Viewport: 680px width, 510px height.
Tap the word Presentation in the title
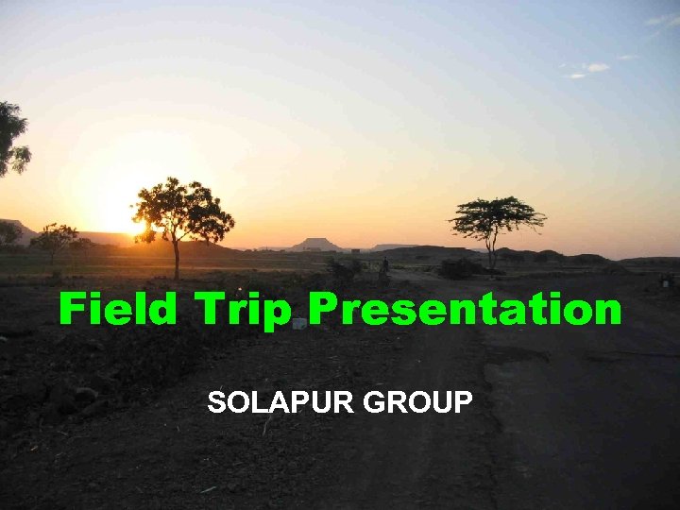tap(465, 309)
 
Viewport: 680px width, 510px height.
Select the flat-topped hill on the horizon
tap(315, 245)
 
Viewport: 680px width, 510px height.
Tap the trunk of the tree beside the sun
tap(177, 259)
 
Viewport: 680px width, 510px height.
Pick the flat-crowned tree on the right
tap(495, 216)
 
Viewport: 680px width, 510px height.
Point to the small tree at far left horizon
tap(54, 239)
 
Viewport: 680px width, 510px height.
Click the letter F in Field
tap(72, 309)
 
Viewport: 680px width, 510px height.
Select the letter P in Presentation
tap(323, 309)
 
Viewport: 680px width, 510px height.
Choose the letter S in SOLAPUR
tap(217, 402)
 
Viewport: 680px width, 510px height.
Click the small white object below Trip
tap(298, 323)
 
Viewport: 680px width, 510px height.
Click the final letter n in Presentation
tap(607, 312)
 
